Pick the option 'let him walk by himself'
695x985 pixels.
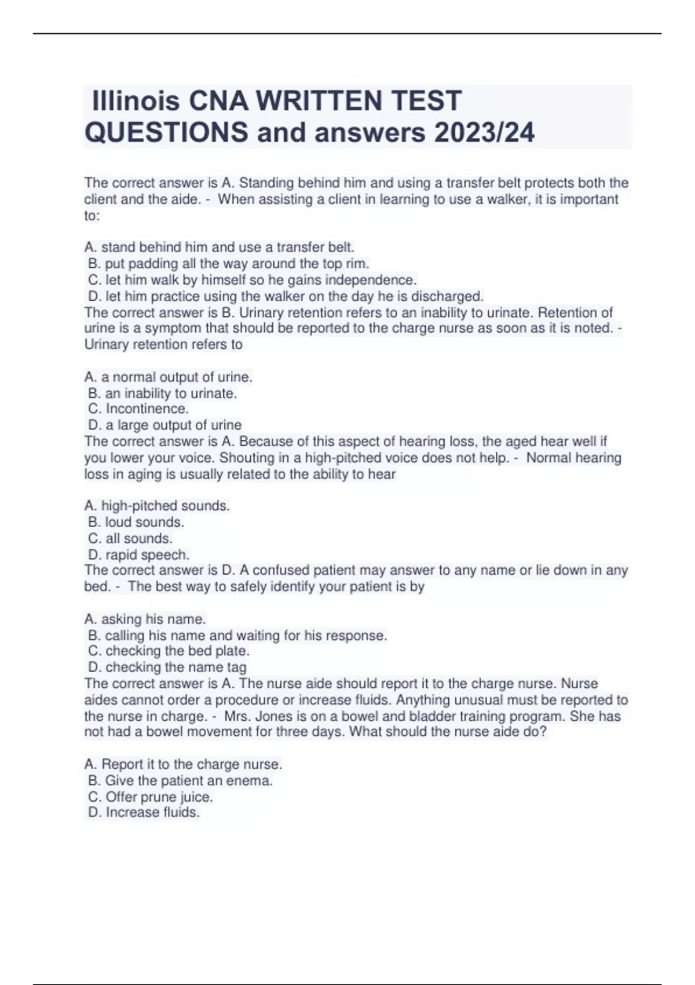tap(252, 280)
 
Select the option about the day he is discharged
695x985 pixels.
tap(286, 297)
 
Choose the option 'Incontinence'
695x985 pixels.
tap(138, 409)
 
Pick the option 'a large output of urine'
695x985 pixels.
tap(164, 425)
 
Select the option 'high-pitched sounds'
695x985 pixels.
tap(157, 506)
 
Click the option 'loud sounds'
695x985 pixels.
tap(136, 522)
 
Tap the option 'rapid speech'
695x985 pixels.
tap(138, 554)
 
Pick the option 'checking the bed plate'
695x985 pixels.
tap(169, 651)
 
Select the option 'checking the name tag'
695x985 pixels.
tap(167, 667)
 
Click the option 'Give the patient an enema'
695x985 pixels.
tap(180, 781)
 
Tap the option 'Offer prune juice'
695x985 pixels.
tap(151, 797)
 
